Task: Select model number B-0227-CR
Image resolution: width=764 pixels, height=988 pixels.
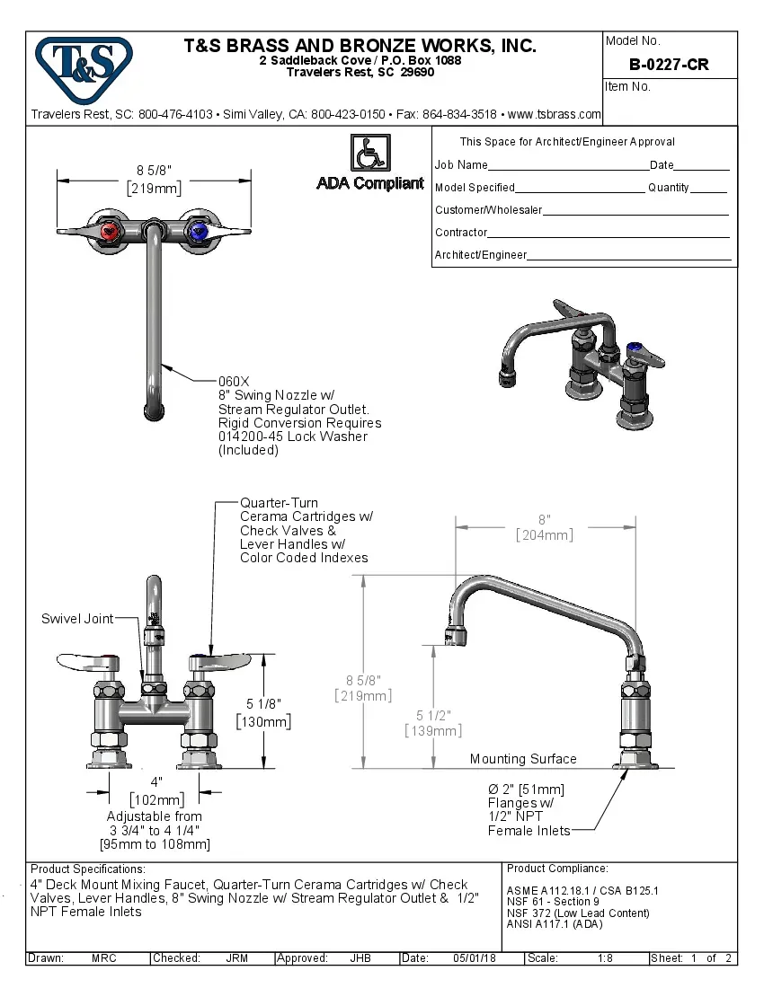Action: tap(669, 65)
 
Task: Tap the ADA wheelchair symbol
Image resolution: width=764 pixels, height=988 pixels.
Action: tap(369, 152)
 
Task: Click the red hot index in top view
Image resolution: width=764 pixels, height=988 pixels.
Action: tap(111, 234)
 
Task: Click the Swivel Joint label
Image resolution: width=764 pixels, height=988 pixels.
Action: tap(77, 619)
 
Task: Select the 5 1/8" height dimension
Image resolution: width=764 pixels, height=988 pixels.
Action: tap(262, 704)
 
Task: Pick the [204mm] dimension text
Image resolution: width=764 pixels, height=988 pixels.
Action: tap(544, 534)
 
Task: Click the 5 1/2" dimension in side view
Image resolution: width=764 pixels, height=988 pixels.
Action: tap(433, 715)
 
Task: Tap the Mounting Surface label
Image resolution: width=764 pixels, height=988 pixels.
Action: tap(522, 759)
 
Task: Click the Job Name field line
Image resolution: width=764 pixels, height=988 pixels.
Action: tap(568, 167)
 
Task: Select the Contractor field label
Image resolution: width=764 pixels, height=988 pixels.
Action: tap(461, 233)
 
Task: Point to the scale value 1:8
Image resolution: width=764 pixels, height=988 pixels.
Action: tap(605, 958)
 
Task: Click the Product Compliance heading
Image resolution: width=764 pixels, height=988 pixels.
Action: tap(557, 869)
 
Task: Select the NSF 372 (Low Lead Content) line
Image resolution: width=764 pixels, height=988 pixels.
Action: tap(577, 913)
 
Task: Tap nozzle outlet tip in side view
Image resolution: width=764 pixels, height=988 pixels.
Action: tap(456, 639)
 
